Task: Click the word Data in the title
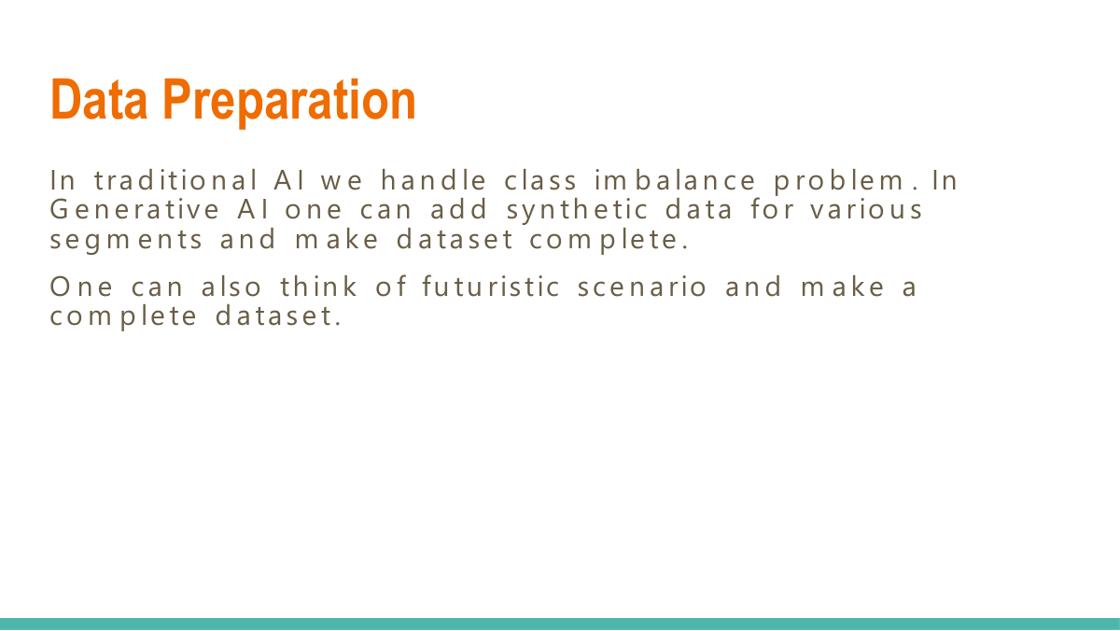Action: pyautogui.click(x=101, y=100)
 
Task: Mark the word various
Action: pyautogui.click(x=865, y=209)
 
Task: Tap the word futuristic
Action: pyautogui.click(x=491, y=287)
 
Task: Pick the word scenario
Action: pyautogui.click(x=642, y=287)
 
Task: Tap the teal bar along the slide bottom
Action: pyautogui.click(x=560, y=624)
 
